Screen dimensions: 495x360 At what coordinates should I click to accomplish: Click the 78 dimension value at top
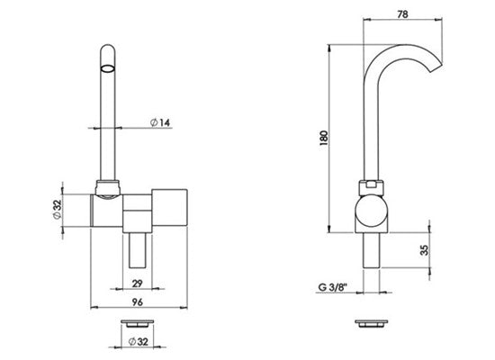(402, 14)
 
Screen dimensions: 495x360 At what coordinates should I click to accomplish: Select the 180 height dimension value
(324, 138)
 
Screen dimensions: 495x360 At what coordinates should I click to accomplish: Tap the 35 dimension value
(426, 250)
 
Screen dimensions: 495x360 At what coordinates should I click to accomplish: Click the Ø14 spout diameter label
(160, 122)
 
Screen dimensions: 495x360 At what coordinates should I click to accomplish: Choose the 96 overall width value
(138, 302)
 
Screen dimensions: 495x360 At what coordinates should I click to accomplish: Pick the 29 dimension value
(137, 283)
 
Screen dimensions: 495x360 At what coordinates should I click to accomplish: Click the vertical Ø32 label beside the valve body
(57, 210)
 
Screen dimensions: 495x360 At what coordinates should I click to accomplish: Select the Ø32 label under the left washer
(139, 341)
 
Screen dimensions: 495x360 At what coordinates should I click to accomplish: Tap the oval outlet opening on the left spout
(107, 68)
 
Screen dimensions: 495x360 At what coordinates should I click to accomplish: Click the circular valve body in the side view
(371, 211)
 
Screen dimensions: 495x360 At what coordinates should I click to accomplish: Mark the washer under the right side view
(371, 323)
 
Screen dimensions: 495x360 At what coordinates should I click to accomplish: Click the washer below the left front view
(138, 323)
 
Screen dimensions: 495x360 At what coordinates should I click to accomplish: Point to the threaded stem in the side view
(371, 250)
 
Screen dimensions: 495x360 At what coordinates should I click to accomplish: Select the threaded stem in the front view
(138, 250)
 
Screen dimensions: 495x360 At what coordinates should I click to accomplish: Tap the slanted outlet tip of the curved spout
(436, 68)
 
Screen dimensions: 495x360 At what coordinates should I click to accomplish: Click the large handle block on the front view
(169, 208)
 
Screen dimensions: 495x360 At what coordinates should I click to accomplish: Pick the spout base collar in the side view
(371, 188)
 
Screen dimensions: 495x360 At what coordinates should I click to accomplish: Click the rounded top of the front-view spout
(107, 49)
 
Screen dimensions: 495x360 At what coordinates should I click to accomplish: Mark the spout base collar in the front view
(108, 188)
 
